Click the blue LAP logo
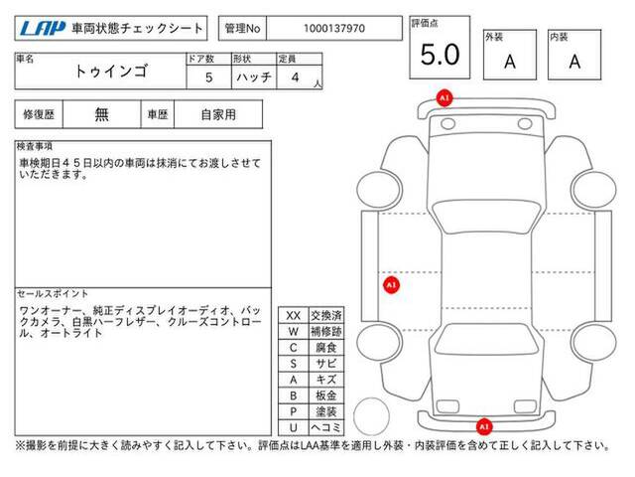tap(43, 29)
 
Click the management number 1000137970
tap(334, 29)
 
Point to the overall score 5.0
tap(440, 55)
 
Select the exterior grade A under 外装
tap(510, 62)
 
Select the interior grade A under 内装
tap(574, 62)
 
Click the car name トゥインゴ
tap(111, 72)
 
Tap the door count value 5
tap(209, 78)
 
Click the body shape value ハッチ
tap(254, 78)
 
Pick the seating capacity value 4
tap(296, 78)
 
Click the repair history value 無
tap(101, 114)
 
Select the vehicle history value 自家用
tap(218, 115)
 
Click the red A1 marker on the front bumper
tap(444, 98)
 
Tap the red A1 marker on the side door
tap(391, 285)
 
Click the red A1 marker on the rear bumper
tap(484, 426)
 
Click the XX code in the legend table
tap(294, 316)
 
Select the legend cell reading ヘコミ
tap(326, 427)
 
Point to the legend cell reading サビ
tap(326, 364)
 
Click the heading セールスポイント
tap(53, 293)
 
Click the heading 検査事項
tap(35, 146)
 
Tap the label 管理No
tap(242, 29)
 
